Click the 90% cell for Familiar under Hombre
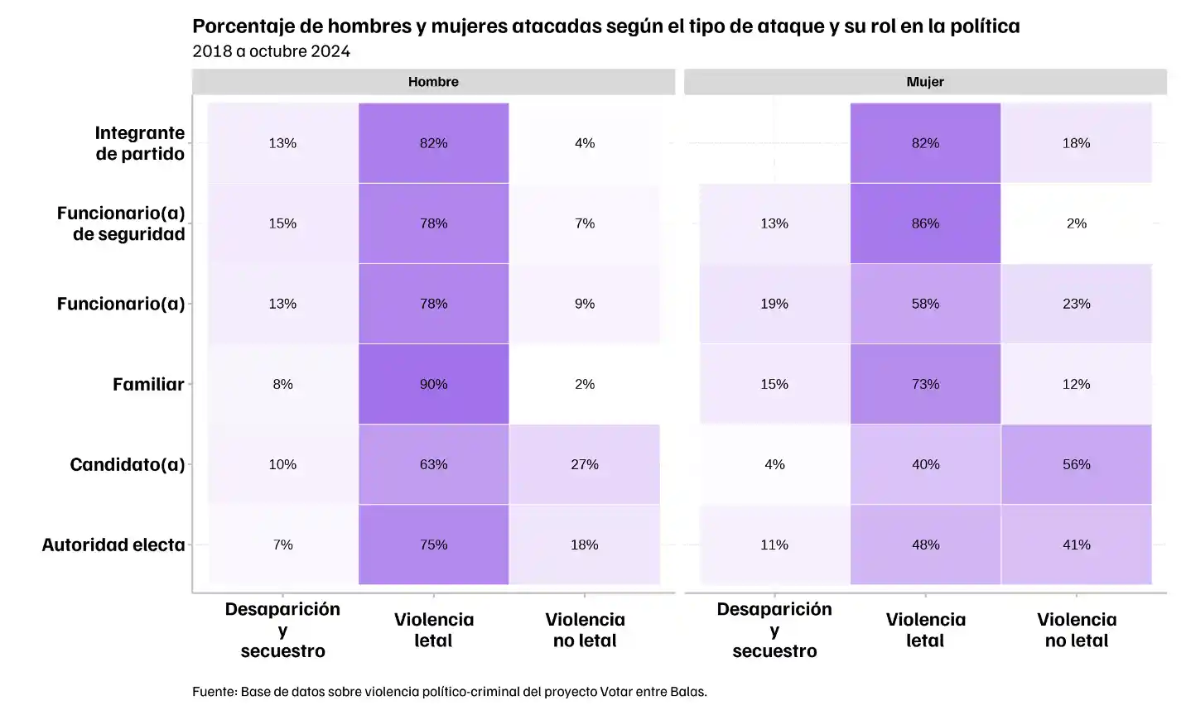[x=433, y=384]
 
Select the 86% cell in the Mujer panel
[x=925, y=223]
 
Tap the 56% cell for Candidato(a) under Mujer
[x=1076, y=464]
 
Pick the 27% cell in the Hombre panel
[x=584, y=464]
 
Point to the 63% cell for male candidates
[x=433, y=464]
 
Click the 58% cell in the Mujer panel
[x=925, y=304]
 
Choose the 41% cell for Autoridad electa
[x=1076, y=545]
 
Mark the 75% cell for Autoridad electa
[x=433, y=545]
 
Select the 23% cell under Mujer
[x=1076, y=304]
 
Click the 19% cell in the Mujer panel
[x=774, y=304]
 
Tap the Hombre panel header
[x=433, y=82]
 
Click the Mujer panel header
[x=925, y=82]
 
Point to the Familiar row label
[x=148, y=384]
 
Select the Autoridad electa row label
[x=113, y=545]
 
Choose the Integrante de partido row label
[x=139, y=143]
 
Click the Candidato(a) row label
[x=127, y=464]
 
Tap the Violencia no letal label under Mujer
[x=1076, y=630]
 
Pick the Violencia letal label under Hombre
[x=433, y=630]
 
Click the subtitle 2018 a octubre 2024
[x=271, y=51]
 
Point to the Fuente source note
[x=449, y=691]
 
